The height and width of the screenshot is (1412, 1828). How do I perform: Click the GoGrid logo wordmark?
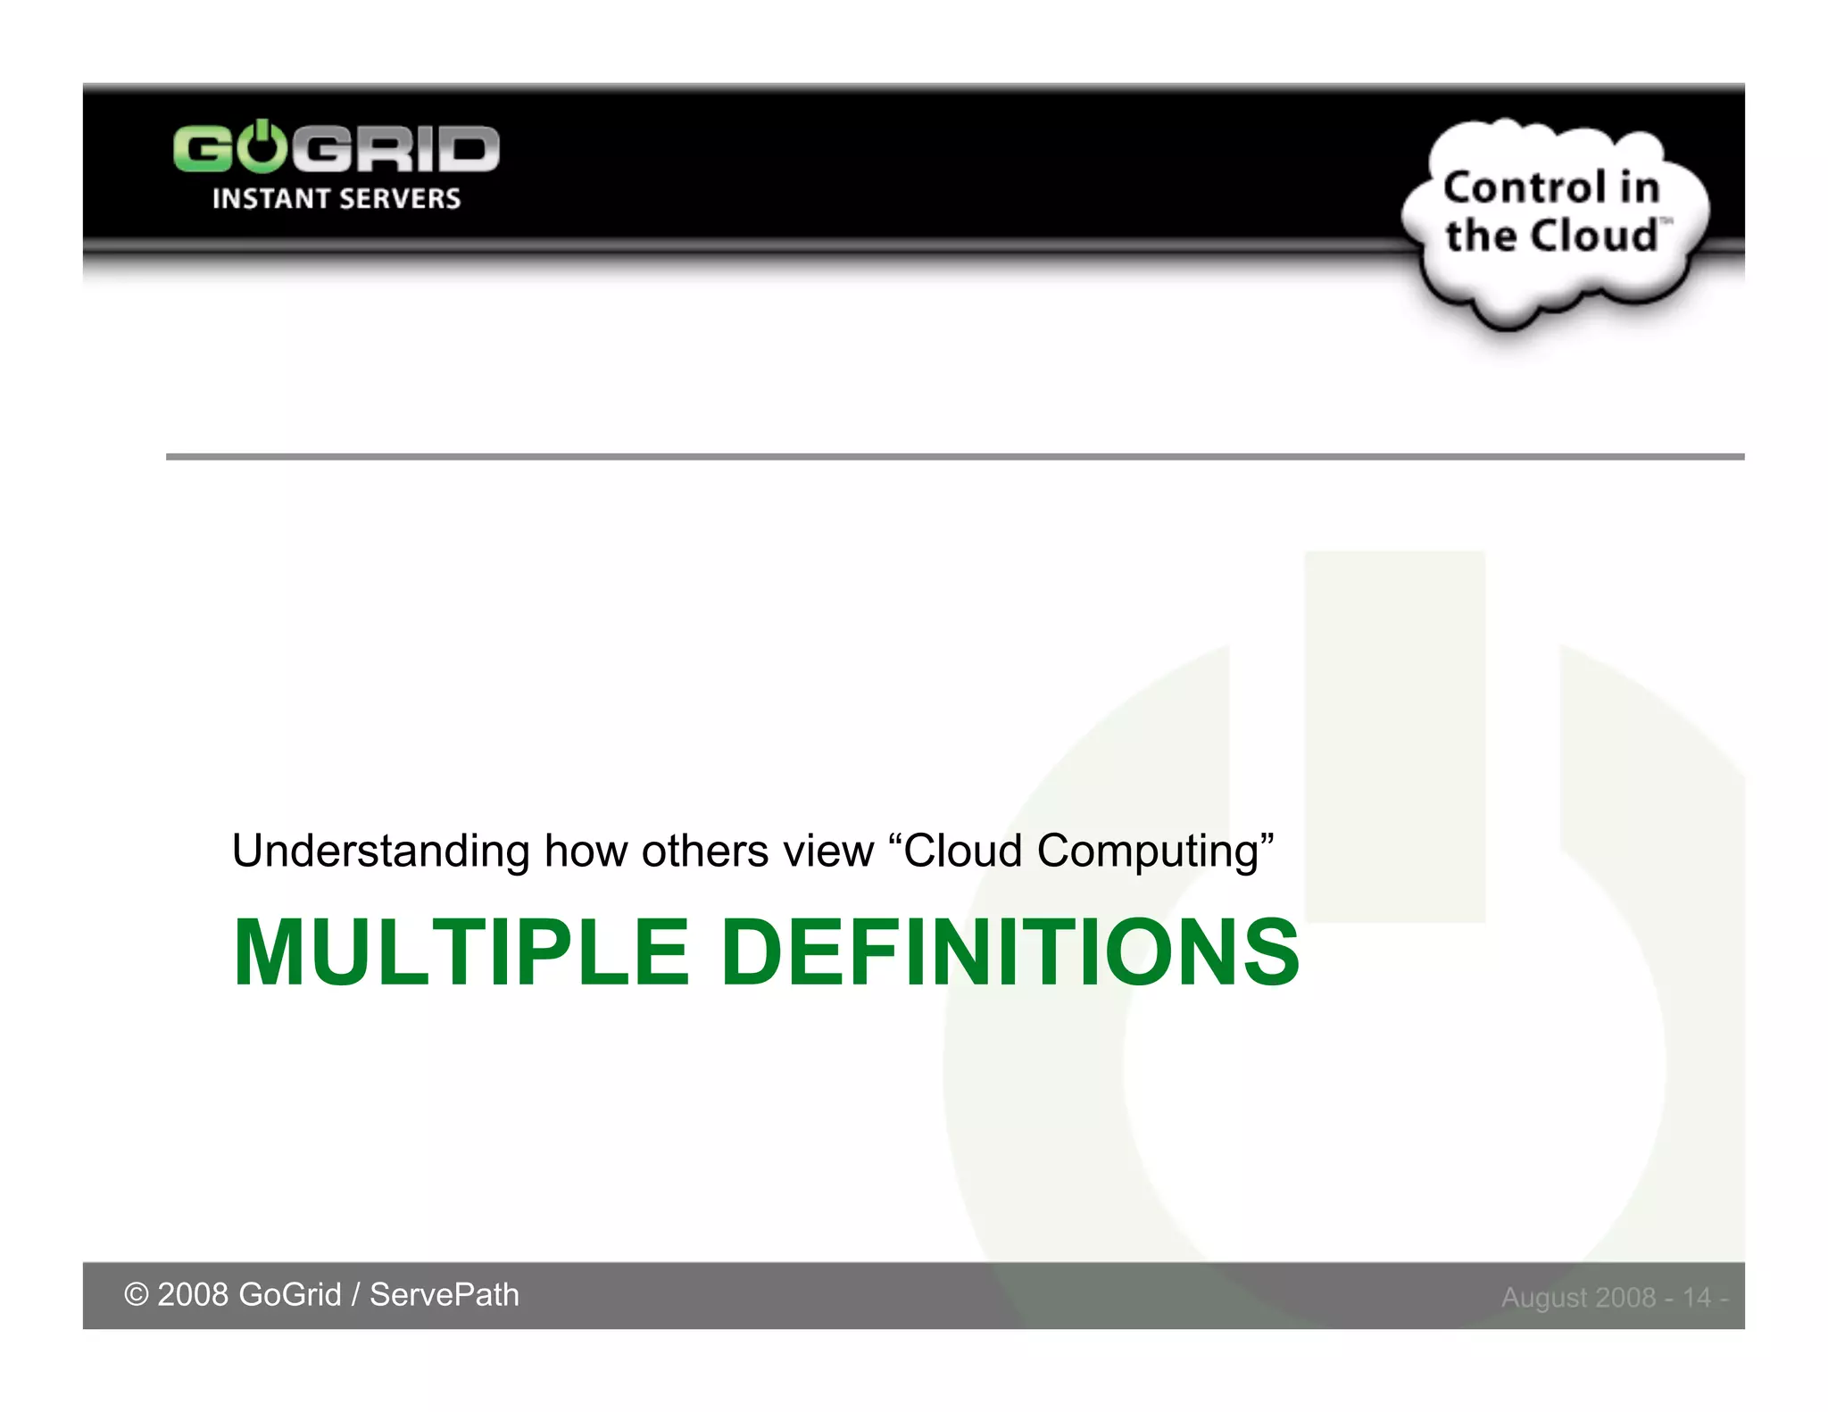point(336,148)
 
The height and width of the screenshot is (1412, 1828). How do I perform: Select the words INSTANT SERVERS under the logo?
point(337,198)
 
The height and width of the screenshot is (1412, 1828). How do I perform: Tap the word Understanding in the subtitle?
point(380,851)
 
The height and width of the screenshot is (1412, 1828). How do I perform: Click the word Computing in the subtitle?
point(1148,851)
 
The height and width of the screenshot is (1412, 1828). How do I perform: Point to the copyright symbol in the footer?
point(136,1295)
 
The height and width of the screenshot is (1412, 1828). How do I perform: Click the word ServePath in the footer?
point(444,1295)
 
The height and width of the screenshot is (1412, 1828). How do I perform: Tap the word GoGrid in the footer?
point(290,1295)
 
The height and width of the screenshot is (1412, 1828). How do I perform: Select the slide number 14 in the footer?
point(1697,1297)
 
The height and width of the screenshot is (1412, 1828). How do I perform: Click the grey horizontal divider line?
point(955,457)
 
